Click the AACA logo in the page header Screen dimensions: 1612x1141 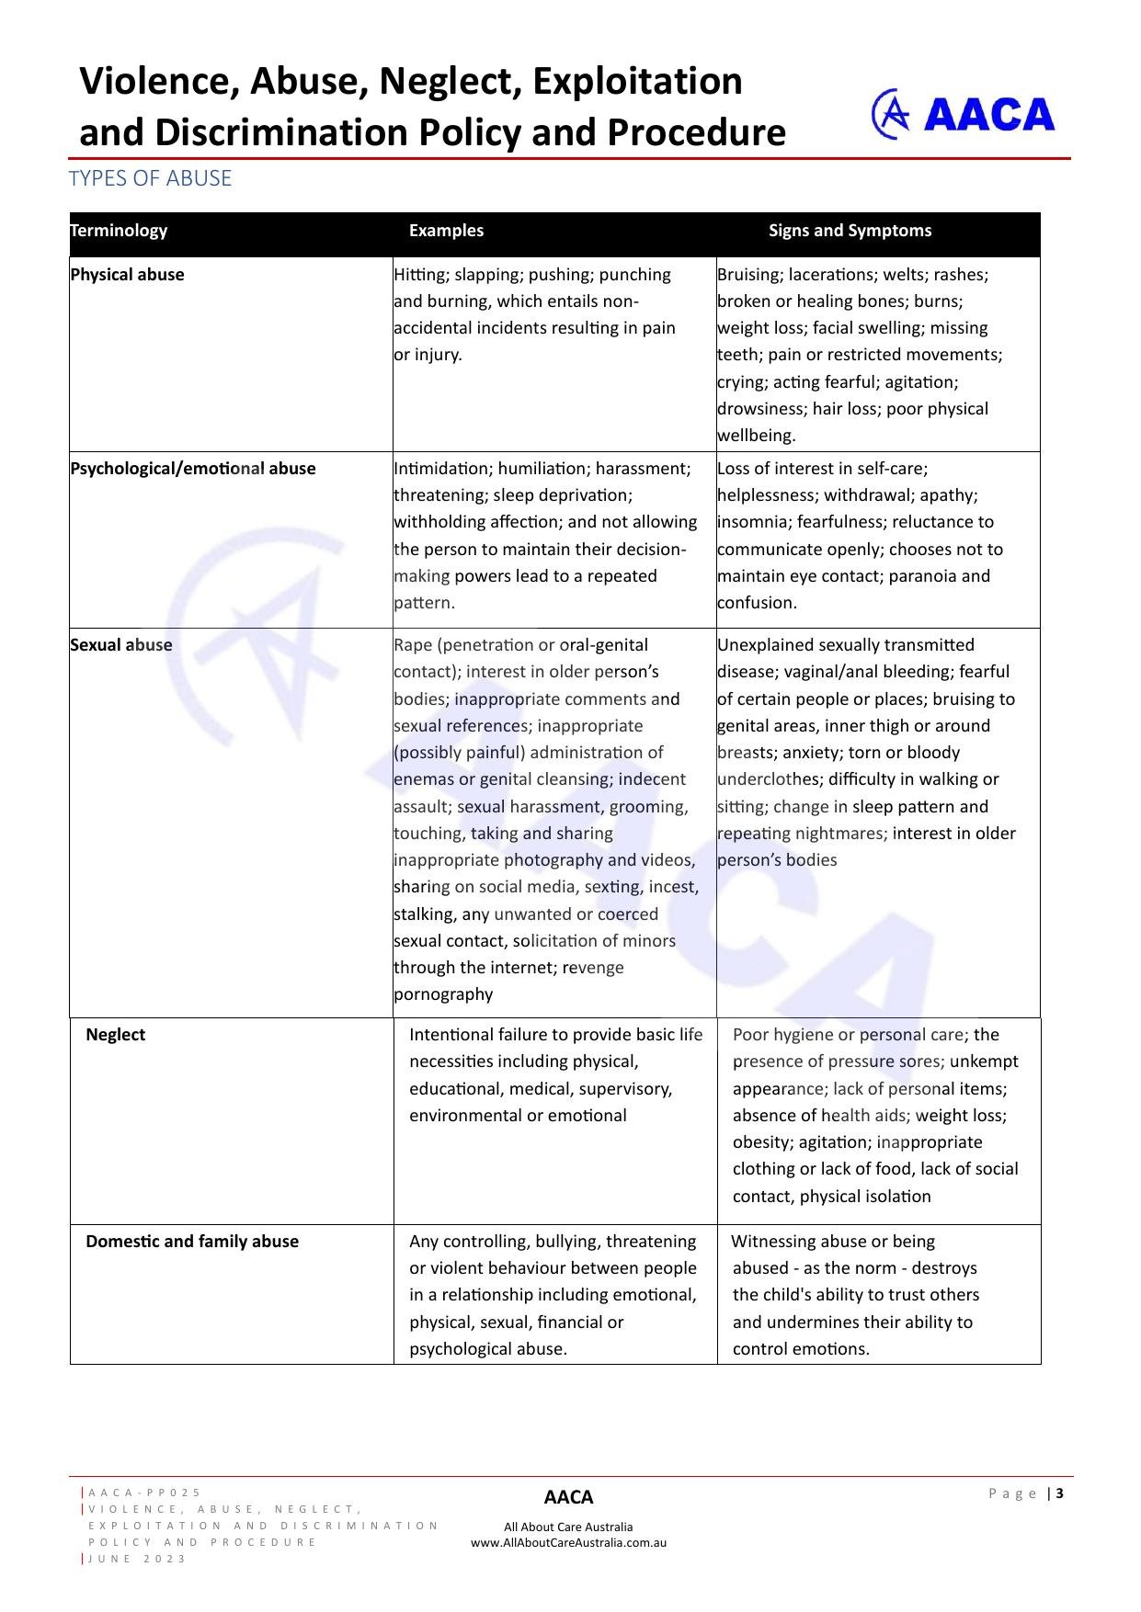[x=963, y=115]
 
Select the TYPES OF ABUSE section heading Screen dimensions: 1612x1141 [x=150, y=178]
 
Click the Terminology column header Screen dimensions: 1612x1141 [x=119, y=231]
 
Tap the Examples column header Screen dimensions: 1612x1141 [x=446, y=231]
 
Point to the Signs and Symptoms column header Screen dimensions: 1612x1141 [x=850, y=231]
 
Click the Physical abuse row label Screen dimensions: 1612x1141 [x=127, y=275]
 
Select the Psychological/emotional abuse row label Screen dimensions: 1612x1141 [x=193, y=469]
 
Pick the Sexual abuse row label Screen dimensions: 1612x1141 [x=121, y=645]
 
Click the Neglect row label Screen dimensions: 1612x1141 [x=115, y=1035]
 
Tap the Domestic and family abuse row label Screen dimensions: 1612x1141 [x=192, y=1242]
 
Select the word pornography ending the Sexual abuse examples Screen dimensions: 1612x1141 [x=443, y=994]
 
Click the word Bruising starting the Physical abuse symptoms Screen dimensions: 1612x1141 [x=749, y=275]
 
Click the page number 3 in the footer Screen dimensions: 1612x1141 [x=1060, y=1493]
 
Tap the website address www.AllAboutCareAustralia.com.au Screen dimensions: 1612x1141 [x=568, y=1543]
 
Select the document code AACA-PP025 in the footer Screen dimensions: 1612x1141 [x=144, y=1493]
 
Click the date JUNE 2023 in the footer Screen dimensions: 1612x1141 [x=137, y=1559]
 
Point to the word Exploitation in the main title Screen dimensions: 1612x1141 [x=637, y=81]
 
